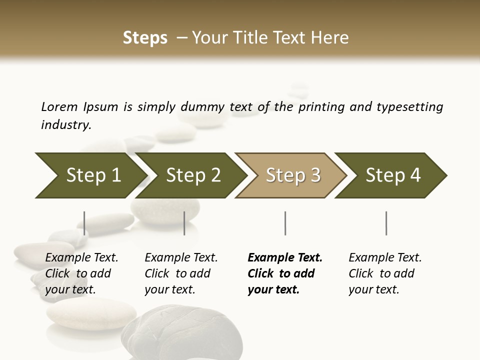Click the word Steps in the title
click(x=145, y=38)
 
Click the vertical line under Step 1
click(x=84, y=223)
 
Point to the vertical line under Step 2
click(x=184, y=223)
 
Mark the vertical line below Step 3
click(x=285, y=223)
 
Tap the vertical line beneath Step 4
click(x=386, y=223)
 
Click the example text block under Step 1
click(x=81, y=273)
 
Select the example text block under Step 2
click(x=181, y=273)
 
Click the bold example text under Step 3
click(x=284, y=273)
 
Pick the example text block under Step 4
click(x=385, y=273)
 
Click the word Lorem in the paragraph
click(x=59, y=107)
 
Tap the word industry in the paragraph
click(x=65, y=125)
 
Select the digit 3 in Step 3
click(x=314, y=175)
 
